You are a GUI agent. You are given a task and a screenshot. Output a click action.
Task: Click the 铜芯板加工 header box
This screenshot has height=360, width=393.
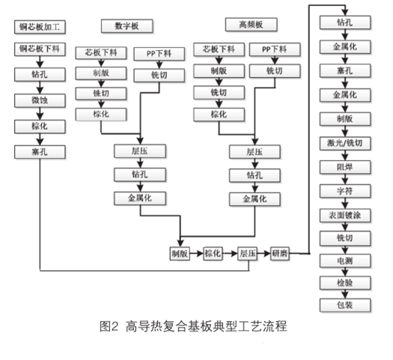[40, 27]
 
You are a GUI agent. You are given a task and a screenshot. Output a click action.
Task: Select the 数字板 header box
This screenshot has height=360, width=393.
[127, 26]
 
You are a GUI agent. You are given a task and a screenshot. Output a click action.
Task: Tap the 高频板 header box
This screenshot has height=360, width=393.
[251, 25]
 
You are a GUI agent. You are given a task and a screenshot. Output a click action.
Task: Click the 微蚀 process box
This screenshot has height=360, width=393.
[40, 100]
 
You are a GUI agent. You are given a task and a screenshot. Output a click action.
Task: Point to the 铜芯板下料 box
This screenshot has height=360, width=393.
[40, 49]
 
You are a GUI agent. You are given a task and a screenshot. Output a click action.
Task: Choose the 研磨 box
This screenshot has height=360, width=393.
[280, 254]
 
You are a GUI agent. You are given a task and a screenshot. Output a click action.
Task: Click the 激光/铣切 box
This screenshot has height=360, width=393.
[345, 143]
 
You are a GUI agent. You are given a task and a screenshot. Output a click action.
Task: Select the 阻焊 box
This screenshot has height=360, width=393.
[345, 167]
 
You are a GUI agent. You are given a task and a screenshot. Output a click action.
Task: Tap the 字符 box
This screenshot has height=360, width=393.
[345, 191]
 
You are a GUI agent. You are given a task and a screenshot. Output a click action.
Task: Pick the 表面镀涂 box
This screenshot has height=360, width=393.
[345, 216]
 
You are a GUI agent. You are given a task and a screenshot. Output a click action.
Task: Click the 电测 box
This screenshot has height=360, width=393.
[345, 260]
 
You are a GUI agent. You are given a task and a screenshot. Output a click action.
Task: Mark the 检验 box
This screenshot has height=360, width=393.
[345, 283]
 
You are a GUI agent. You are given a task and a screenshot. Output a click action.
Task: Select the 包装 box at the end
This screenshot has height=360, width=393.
[345, 305]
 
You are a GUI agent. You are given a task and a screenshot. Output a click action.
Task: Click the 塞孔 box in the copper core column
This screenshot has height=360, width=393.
[40, 152]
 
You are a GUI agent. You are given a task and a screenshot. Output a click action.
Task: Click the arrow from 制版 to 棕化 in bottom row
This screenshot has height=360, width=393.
[196, 254]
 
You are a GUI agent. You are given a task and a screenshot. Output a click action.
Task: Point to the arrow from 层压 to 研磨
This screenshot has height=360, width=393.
[263, 254]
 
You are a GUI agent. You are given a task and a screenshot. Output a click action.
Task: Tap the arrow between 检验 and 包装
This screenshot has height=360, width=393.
[345, 294]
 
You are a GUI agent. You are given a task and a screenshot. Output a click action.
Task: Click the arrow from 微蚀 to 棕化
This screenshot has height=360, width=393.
[40, 114]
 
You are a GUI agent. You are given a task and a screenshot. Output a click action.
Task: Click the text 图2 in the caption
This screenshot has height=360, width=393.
[109, 326]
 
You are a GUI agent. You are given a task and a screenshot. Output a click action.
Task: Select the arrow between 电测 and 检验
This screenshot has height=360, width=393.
[345, 272]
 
